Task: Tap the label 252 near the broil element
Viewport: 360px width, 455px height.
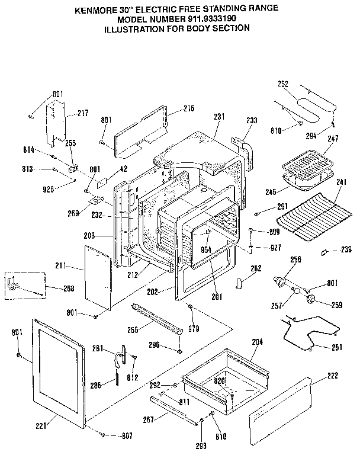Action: pyautogui.click(x=283, y=84)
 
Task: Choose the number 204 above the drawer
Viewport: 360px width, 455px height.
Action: pyautogui.click(x=258, y=341)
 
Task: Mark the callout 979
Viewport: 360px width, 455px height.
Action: pyautogui.click(x=192, y=328)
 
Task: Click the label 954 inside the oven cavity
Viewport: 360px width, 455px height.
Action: pyautogui.click(x=206, y=249)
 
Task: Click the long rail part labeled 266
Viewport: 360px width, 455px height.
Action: pyautogui.click(x=156, y=318)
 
